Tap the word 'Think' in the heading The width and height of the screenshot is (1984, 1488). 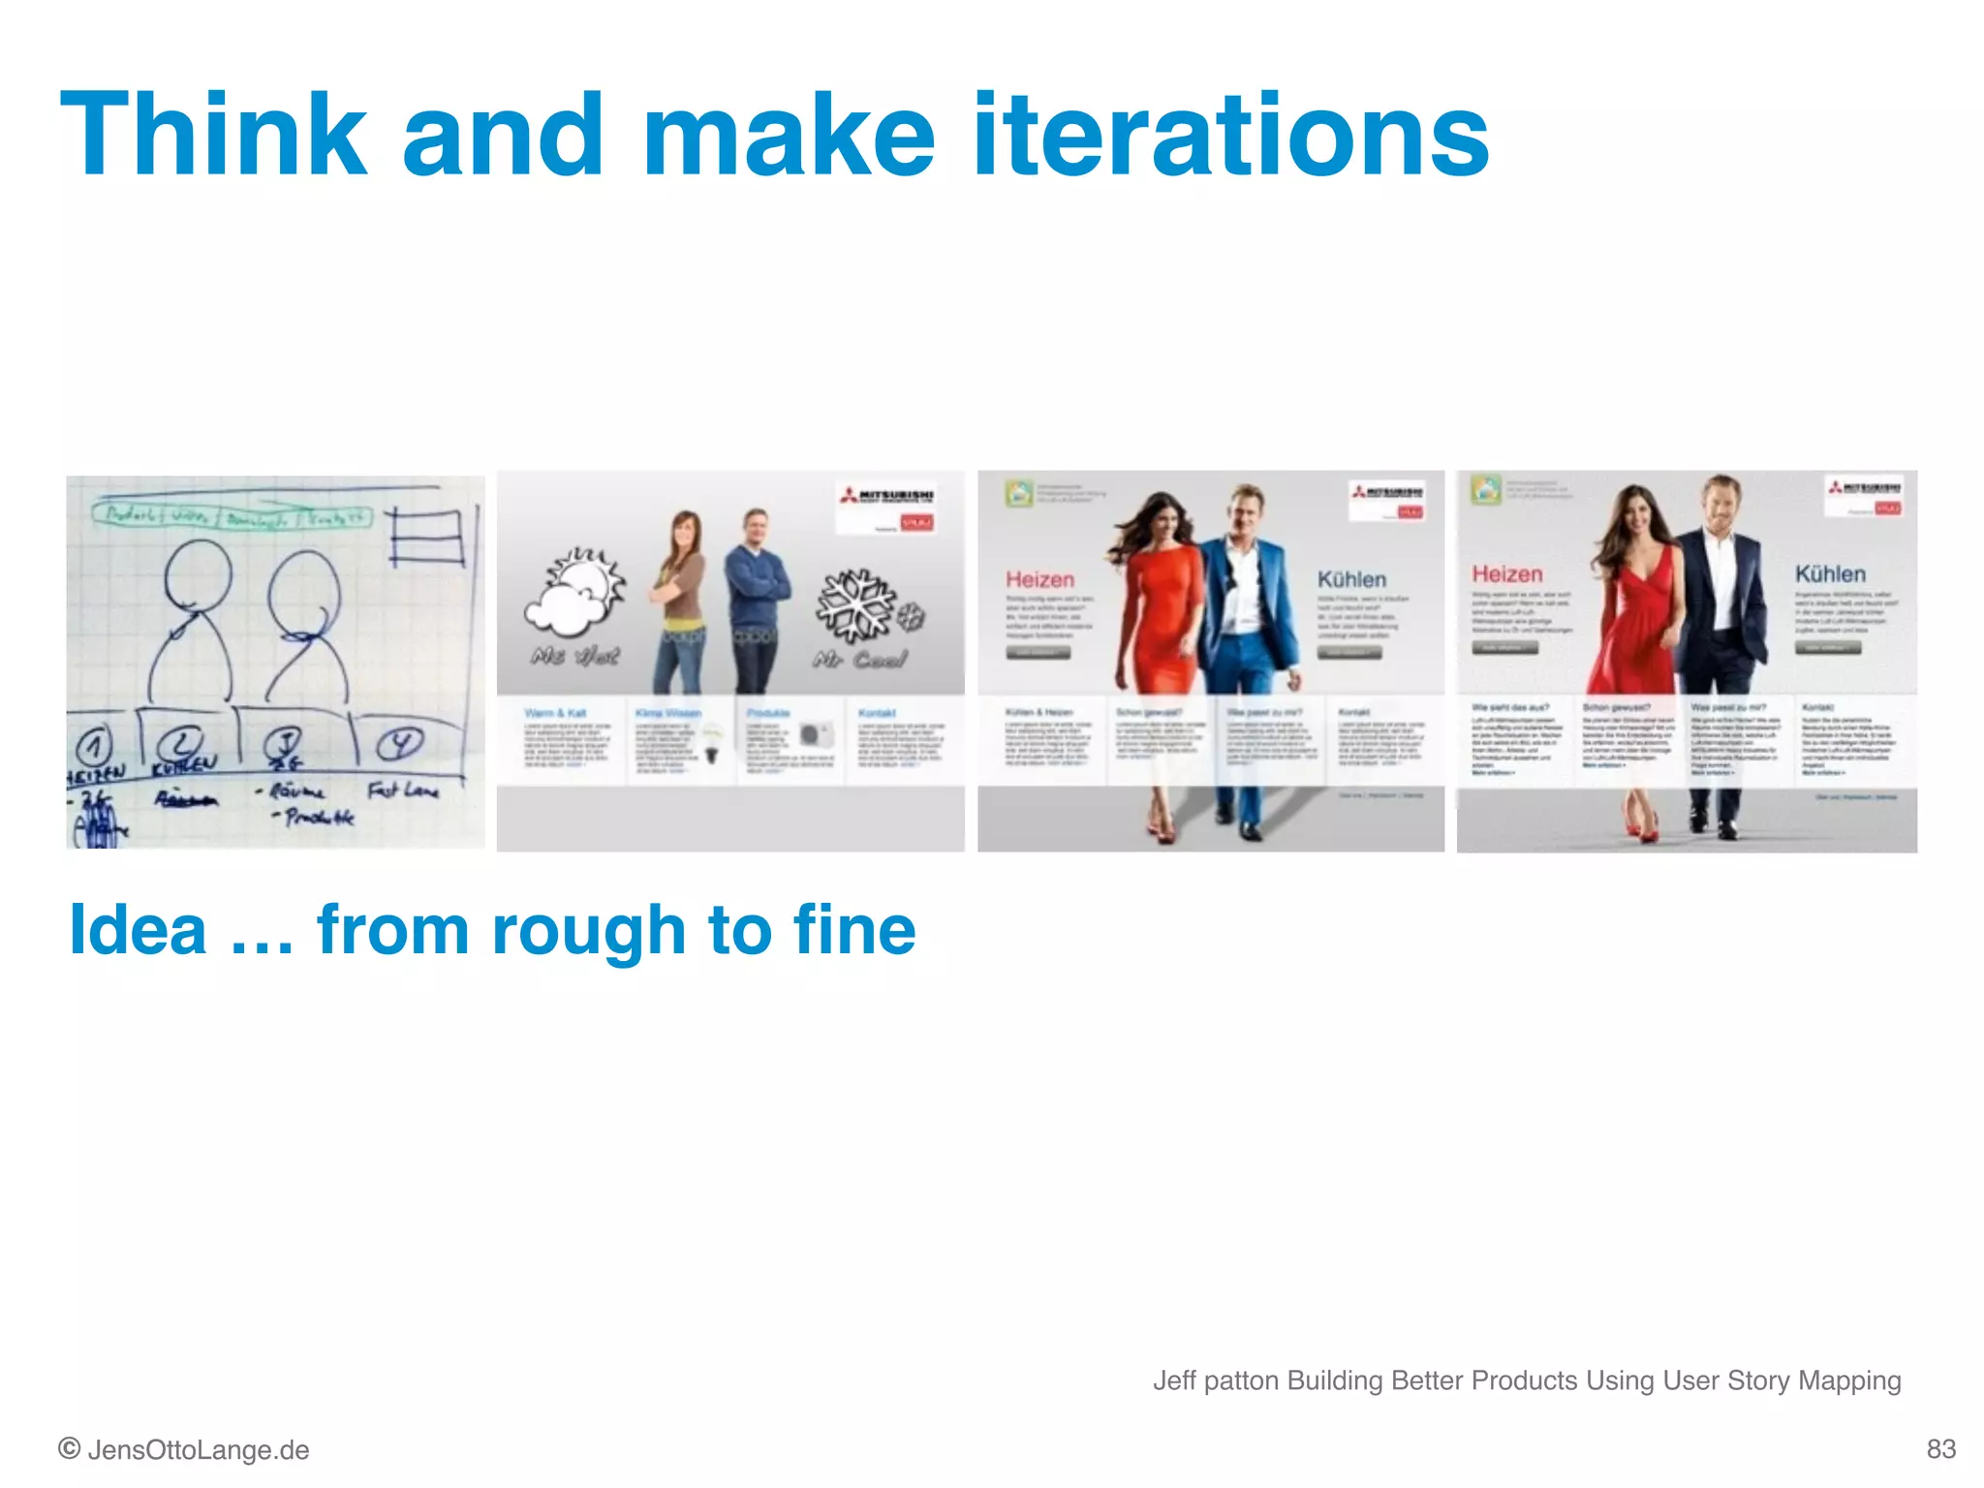pyautogui.click(x=214, y=136)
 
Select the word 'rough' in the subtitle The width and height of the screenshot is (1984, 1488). pyautogui.click(x=589, y=930)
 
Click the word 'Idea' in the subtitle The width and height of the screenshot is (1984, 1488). pyautogui.click(x=138, y=930)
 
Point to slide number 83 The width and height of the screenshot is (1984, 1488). pyautogui.click(x=1940, y=1449)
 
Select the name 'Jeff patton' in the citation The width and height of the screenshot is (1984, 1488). pyautogui.click(x=1215, y=1380)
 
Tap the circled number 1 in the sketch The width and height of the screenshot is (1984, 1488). pyautogui.click(x=94, y=745)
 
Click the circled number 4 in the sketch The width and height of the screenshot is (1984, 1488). pyautogui.click(x=400, y=743)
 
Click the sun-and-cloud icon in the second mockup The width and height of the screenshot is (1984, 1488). pyautogui.click(x=573, y=591)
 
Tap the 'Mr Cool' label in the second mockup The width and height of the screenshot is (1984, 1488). pyautogui.click(x=859, y=660)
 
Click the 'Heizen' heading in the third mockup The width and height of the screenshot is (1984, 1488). pyautogui.click(x=1039, y=579)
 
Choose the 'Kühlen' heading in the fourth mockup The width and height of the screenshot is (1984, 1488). pyautogui.click(x=1830, y=573)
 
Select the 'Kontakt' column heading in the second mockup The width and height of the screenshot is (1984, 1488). pyautogui.click(x=877, y=713)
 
